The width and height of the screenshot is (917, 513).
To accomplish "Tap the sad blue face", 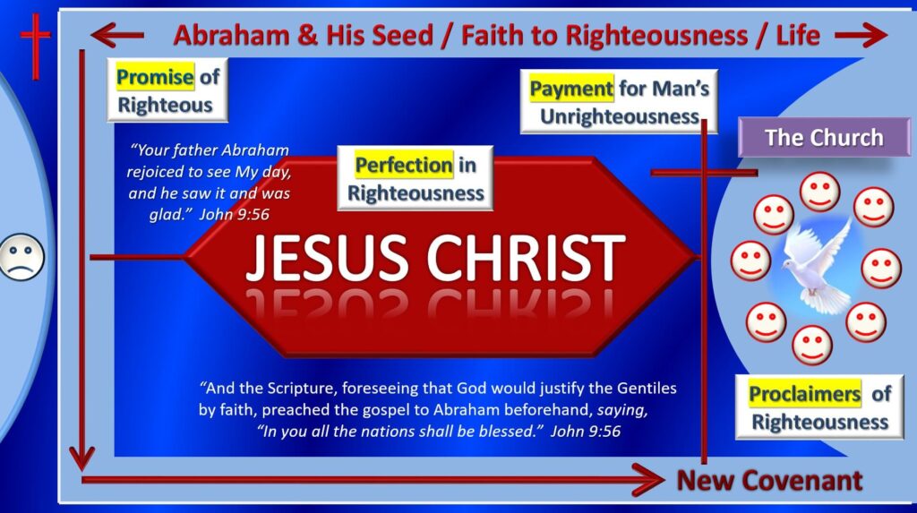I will [21, 256].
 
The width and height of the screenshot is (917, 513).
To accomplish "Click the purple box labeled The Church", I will [823, 138].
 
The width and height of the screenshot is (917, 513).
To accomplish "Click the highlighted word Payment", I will [571, 88].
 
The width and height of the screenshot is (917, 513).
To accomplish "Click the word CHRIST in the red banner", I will [523, 257].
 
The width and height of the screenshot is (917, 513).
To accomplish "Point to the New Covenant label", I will [769, 481].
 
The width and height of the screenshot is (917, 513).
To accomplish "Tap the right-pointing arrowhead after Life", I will [873, 35].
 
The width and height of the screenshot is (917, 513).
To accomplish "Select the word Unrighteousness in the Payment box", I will [618, 117].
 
